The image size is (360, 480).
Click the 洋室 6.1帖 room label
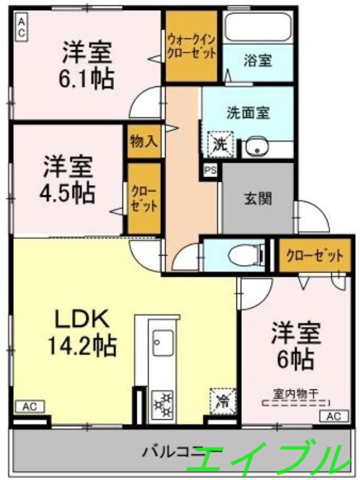click(88, 65)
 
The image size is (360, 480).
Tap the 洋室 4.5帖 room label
click(68, 179)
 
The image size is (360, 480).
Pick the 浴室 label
click(259, 60)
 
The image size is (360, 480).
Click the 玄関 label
click(258, 198)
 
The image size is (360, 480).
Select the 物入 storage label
click(143, 142)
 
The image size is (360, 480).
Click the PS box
click(210, 170)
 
